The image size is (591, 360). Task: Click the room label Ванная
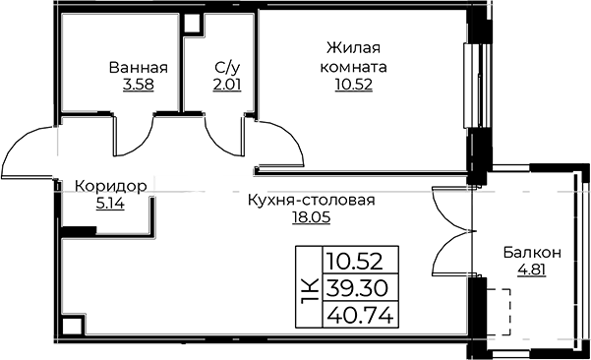tap(138, 69)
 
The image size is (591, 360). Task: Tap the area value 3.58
tap(138, 86)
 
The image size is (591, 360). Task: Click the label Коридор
tap(111, 186)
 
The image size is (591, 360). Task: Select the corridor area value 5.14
tap(111, 204)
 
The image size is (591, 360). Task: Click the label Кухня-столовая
tap(312, 201)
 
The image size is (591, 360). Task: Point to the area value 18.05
tap(312, 218)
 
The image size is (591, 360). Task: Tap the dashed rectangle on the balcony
tap(500, 312)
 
